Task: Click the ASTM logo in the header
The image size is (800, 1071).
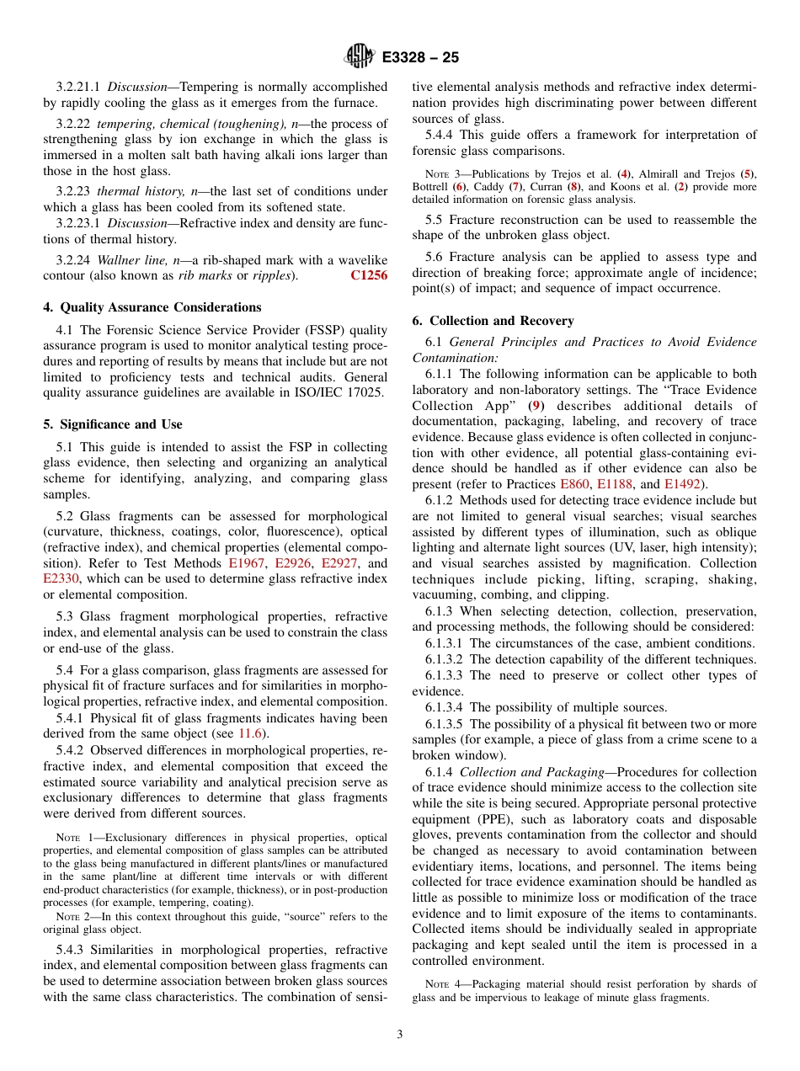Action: (x=360, y=57)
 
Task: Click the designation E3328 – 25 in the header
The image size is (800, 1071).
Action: (x=420, y=58)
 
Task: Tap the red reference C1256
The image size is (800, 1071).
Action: (x=369, y=276)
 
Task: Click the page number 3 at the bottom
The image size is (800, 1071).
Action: (x=400, y=1035)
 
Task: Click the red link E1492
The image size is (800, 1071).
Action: (x=681, y=484)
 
